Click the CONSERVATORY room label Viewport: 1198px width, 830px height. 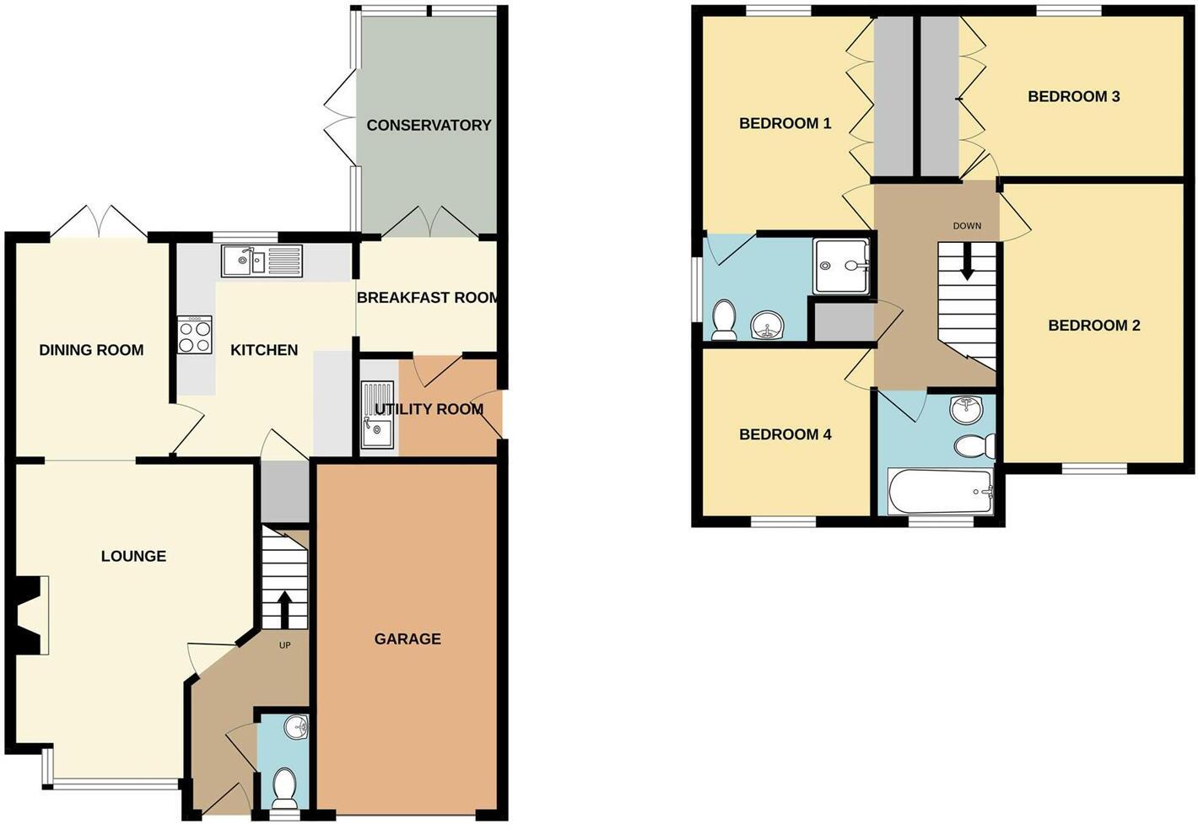coord(429,125)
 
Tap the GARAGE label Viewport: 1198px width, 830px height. coord(407,639)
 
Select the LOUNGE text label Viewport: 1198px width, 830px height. coord(133,556)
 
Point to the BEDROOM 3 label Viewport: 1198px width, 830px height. coord(1073,96)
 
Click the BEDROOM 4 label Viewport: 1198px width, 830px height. coord(785,434)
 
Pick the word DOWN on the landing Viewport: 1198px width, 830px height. coord(967,226)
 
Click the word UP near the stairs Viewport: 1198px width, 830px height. coord(284,645)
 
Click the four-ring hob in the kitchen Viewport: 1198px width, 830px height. coord(195,335)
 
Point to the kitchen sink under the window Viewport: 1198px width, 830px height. coord(262,261)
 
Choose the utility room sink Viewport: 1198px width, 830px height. coord(376,418)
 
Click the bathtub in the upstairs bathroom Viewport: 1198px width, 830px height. coord(940,490)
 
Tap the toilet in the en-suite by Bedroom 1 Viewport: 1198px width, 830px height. coord(724,321)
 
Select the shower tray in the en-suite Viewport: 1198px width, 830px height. coord(840,267)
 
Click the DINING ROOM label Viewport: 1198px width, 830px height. coord(91,350)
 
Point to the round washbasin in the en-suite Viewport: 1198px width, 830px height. coord(767,324)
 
